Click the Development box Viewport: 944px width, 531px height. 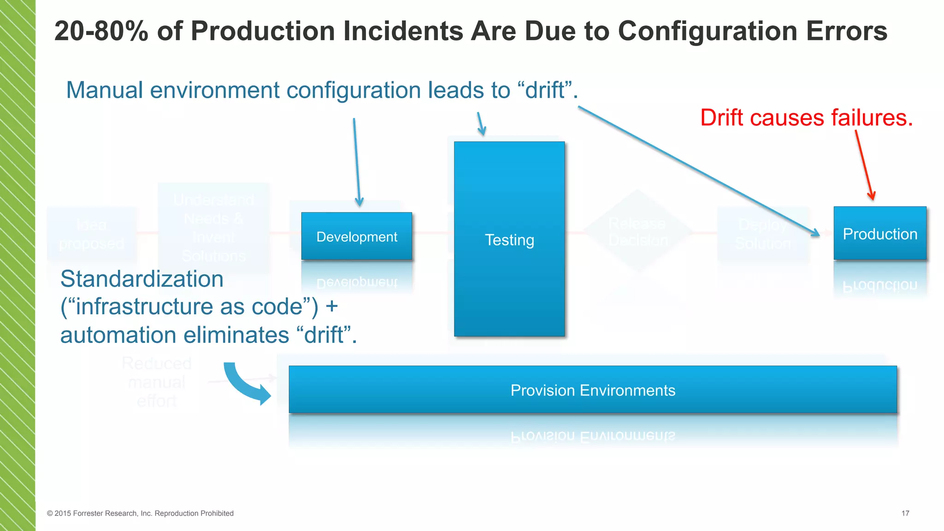pyautogui.click(x=356, y=236)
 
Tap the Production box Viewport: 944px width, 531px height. pyautogui.click(x=879, y=233)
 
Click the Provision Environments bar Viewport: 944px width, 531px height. pyautogui.click(x=592, y=389)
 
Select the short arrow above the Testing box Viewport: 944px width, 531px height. pyautogui.click(x=481, y=124)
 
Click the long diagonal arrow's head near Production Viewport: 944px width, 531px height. pyautogui.click(x=813, y=232)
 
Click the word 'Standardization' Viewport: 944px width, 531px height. pyautogui.click(x=142, y=279)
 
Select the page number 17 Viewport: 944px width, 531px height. pyautogui.click(x=905, y=513)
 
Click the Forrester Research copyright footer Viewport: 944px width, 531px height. pyautogui.click(x=140, y=513)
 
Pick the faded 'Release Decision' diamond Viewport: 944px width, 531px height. pyautogui.click(x=637, y=231)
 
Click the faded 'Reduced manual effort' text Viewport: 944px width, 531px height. pyautogui.click(x=157, y=382)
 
